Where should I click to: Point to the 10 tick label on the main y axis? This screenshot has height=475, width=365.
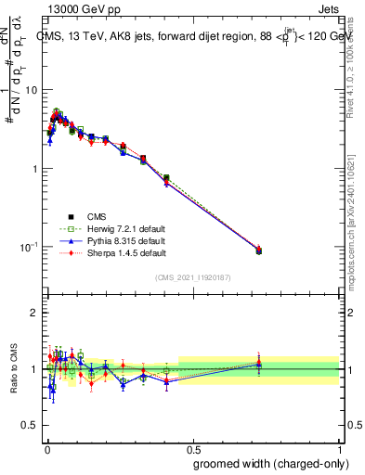point(30,90)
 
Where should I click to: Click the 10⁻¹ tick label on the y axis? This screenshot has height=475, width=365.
point(28,247)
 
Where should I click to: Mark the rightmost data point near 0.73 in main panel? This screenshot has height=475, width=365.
point(258,250)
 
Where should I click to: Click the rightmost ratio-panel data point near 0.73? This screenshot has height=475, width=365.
point(258,365)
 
